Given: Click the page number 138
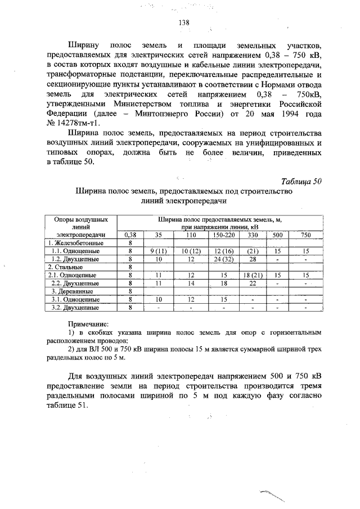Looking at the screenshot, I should [x=183, y=23].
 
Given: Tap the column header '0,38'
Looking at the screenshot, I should [x=130, y=235].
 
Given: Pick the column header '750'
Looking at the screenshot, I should [x=305, y=235].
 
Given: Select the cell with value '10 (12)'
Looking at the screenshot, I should [x=191, y=251].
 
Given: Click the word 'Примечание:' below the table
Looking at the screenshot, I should [x=88, y=325].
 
